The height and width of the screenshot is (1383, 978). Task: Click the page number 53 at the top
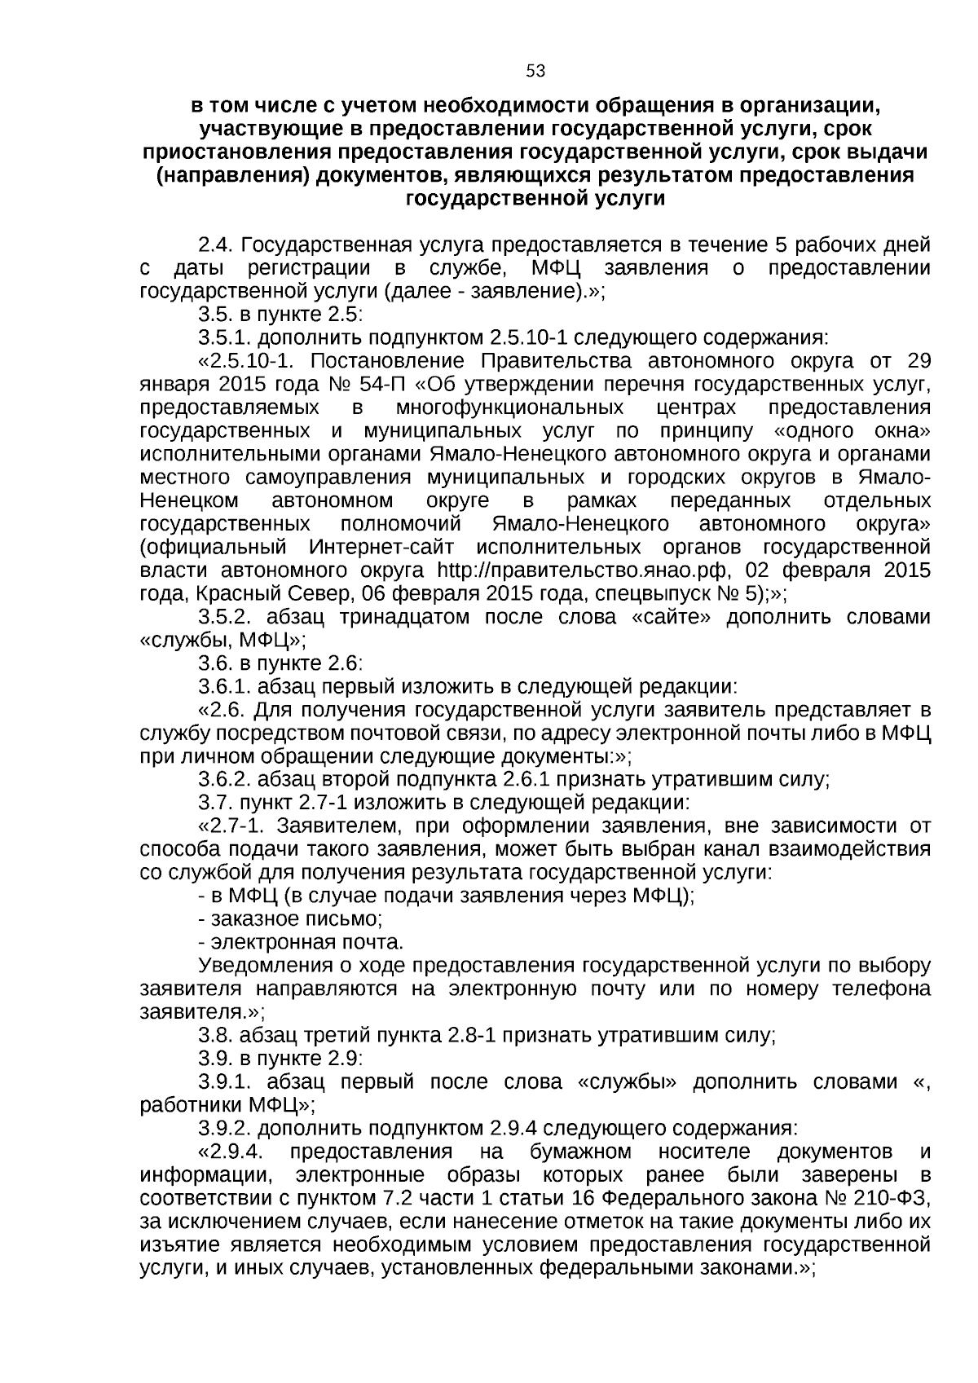[535, 71]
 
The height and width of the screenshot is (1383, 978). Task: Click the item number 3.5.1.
[225, 338]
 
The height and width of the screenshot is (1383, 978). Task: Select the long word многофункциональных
[510, 408]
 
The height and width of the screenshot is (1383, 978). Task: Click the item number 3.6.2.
[225, 780]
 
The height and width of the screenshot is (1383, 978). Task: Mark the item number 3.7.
[214, 803]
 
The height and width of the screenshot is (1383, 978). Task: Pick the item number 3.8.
[215, 1036]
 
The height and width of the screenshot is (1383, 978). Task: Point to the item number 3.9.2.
[225, 1129]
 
